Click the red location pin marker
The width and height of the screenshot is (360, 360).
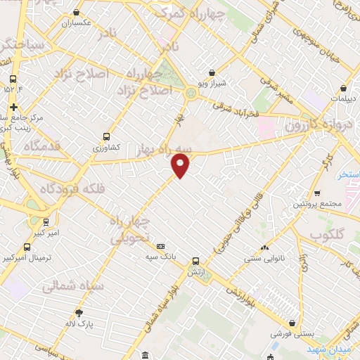[181, 165]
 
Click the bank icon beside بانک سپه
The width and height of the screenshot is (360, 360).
[161, 246]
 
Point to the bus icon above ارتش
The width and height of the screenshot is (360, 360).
[195, 261]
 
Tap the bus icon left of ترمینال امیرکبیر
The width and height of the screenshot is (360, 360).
[27, 247]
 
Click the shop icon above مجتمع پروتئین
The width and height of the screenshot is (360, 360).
[317, 193]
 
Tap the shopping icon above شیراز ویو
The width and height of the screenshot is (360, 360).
[212, 72]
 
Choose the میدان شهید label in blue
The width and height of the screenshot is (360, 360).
[330, 349]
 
